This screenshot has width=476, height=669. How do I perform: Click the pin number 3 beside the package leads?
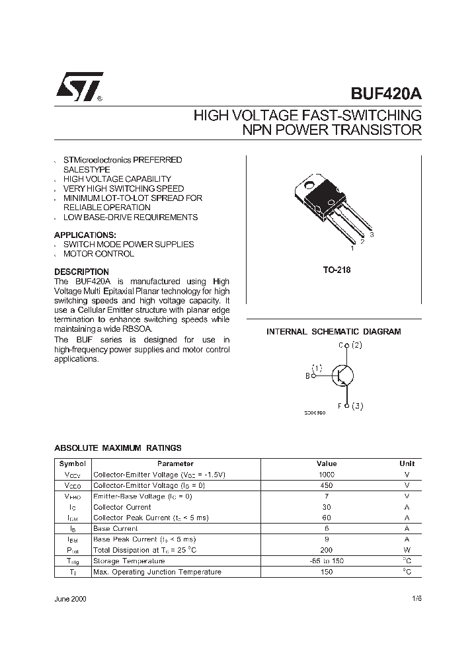(x=372, y=235)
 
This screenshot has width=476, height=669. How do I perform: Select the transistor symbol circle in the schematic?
(x=342, y=375)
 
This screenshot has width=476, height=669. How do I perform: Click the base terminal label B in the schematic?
(x=307, y=376)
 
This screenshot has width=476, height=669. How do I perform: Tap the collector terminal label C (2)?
(x=350, y=345)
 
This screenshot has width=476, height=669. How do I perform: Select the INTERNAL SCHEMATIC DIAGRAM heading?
(x=333, y=332)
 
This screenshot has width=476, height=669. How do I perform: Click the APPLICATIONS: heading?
(x=85, y=235)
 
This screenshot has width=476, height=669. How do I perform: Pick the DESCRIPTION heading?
(x=81, y=272)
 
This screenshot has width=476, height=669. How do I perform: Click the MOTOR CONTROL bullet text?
(x=99, y=254)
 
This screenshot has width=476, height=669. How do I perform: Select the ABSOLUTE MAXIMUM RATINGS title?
(x=118, y=448)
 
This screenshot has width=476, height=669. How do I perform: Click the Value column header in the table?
(x=327, y=464)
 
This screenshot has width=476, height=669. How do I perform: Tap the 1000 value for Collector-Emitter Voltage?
(x=327, y=475)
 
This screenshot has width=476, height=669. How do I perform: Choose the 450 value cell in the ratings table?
(x=327, y=485)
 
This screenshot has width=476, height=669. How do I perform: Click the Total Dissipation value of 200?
(x=327, y=550)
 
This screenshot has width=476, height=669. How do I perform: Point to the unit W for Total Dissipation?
(x=407, y=550)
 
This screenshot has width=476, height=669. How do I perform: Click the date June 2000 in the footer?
(x=70, y=598)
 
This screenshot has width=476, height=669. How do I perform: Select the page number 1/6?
(x=416, y=598)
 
